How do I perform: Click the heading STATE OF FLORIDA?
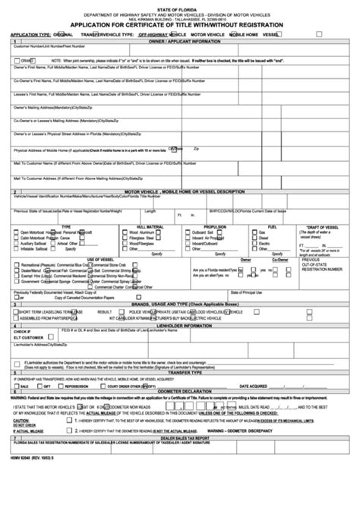click(x=179, y=5)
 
